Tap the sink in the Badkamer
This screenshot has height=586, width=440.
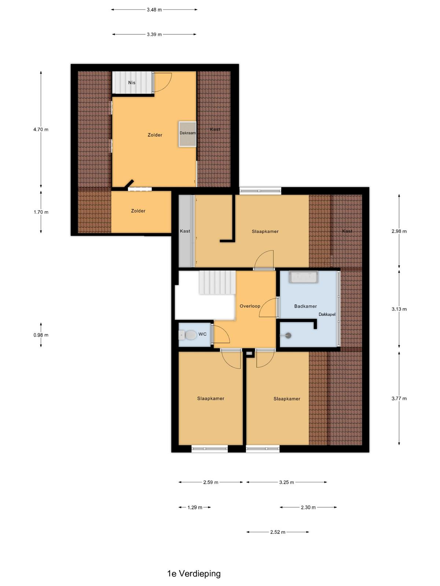click(x=303, y=277)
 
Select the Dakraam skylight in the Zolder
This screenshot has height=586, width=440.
click(x=187, y=134)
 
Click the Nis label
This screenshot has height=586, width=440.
click(x=132, y=83)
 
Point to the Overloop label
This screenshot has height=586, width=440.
click(x=250, y=306)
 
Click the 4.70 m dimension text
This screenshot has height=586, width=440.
click(x=41, y=130)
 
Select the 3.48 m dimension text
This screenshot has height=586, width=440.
click(x=154, y=10)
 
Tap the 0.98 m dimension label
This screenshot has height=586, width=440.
click(x=41, y=335)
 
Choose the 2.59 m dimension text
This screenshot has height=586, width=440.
click(x=210, y=482)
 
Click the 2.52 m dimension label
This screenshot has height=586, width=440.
click(x=278, y=532)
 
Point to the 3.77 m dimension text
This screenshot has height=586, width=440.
click(x=399, y=398)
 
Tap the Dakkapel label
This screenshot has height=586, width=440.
click(x=327, y=315)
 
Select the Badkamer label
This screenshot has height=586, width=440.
click(x=305, y=306)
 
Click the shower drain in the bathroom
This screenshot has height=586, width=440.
click(x=288, y=335)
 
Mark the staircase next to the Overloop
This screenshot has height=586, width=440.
click(x=217, y=282)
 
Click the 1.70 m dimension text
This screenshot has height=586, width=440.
click(x=41, y=212)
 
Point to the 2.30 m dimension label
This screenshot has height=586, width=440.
click(x=308, y=507)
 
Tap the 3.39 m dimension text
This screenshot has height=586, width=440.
click(x=154, y=34)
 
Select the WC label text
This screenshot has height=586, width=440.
click(x=202, y=334)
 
